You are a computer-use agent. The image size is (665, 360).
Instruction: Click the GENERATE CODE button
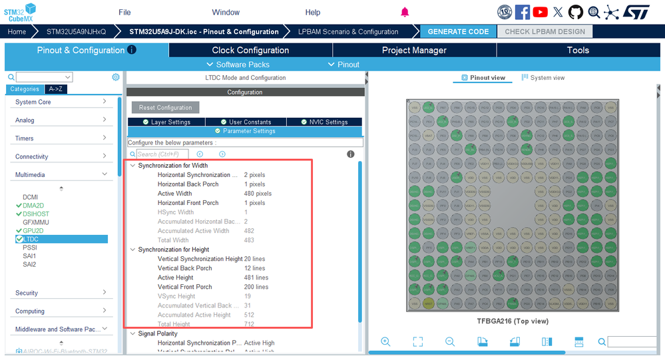[458, 31]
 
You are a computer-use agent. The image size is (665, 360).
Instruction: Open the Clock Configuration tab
[250, 50]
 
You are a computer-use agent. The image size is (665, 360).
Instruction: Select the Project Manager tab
[414, 50]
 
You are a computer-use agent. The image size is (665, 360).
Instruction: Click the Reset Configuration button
[165, 108]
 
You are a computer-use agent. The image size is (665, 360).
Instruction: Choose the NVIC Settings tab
[324, 122]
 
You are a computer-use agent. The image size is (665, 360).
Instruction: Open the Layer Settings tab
[166, 122]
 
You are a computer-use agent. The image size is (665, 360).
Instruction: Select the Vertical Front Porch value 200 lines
[256, 287]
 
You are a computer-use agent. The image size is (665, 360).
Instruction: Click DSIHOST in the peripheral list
[36, 214]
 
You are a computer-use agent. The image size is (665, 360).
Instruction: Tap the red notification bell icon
[405, 12]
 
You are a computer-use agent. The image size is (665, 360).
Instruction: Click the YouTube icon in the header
[540, 12]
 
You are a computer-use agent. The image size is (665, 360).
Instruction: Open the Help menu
[313, 12]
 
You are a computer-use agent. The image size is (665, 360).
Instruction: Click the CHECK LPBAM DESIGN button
[545, 31]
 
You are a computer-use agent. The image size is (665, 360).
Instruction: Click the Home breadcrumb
[17, 31]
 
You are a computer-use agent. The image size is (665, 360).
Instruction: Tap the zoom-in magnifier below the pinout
[385, 341]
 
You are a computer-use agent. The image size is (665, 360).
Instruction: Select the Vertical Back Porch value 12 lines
[254, 268]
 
